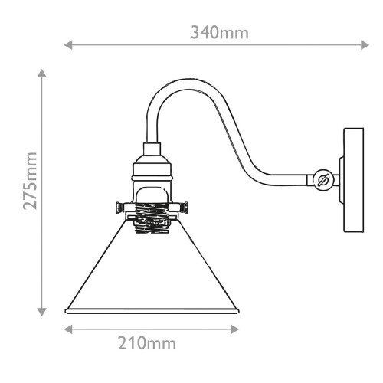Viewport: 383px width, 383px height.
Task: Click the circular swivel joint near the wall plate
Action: point(322,182)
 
